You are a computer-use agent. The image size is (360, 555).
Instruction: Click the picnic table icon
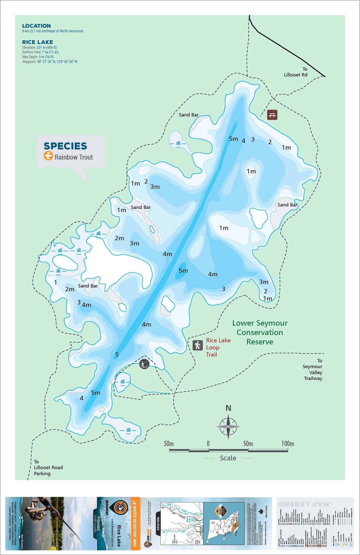(x=272, y=115)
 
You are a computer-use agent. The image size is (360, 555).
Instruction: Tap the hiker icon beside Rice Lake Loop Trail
(x=198, y=345)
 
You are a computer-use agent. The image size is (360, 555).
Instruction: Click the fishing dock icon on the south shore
(x=144, y=364)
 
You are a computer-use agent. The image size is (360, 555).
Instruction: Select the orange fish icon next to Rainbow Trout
(x=48, y=156)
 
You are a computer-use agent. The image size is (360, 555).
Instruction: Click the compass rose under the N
(x=228, y=427)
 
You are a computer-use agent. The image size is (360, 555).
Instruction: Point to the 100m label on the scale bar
(x=287, y=443)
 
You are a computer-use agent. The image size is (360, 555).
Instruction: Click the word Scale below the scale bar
(x=228, y=458)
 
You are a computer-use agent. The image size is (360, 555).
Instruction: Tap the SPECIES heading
(x=65, y=146)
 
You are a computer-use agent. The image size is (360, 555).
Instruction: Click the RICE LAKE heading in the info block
(x=37, y=42)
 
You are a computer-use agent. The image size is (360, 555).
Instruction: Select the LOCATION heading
(x=36, y=26)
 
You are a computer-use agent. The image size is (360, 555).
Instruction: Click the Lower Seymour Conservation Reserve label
(x=260, y=332)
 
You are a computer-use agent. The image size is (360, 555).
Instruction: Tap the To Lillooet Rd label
(x=296, y=72)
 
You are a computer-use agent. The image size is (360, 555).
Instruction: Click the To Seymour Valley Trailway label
(x=313, y=370)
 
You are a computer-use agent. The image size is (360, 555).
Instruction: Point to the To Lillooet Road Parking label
(x=48, y=467)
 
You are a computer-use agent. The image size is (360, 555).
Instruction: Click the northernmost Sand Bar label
(x=189, y=115)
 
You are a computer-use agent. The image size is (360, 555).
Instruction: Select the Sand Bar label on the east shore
(x=287, y=205)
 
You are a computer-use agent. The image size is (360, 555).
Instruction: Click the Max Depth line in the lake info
(x=38, y=57)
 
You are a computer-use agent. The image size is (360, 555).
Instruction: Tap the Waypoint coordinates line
(x=50, y=62)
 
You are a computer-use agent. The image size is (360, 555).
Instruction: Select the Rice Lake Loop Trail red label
(x=218, y=347)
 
